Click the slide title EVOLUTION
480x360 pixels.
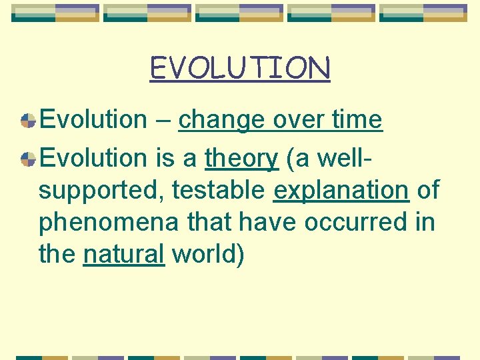point(240,68)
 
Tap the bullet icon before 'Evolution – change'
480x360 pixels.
point(28,121)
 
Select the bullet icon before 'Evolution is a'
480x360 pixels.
point(28,159)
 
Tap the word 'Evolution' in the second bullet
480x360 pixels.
point(93,159)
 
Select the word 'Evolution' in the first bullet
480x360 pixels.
point(93,120)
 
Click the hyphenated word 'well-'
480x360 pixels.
point(336,159)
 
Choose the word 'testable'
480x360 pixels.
point(219,191)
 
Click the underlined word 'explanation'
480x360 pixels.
point(341,191)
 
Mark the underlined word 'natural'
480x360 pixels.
point(123,254)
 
